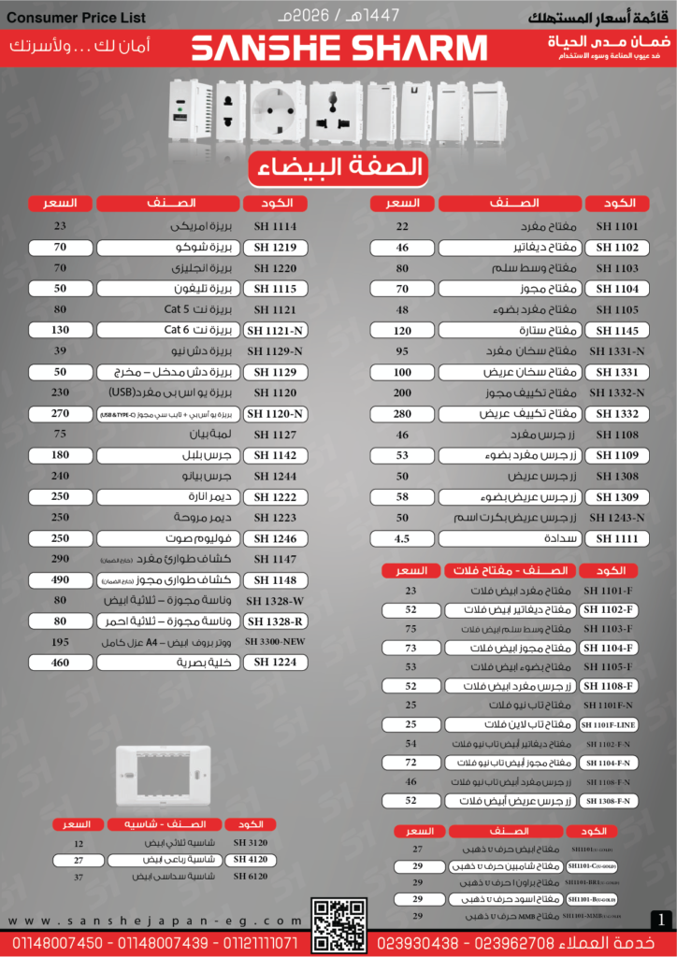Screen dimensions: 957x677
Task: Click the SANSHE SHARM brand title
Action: [x=338, y=49]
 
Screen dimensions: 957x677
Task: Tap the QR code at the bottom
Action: [x=338, y=924]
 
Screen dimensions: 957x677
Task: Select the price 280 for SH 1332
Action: [x=402, y=413]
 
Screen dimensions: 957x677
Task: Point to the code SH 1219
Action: [x=275, y=248]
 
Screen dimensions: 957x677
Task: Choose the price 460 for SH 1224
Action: [x=60, y=663]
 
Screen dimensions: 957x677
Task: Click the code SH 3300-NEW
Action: [x=275, y=642]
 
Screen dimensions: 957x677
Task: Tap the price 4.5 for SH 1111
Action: [x=402, y=538]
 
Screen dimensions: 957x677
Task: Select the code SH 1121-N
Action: [x=275, y=330]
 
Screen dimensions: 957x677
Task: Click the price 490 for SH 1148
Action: [x=60, y=579]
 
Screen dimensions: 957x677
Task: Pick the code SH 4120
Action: [x=250, y=859]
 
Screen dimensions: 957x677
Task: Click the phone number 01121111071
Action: [x=257, y=944]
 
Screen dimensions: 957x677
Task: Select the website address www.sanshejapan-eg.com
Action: [x=155, y=921]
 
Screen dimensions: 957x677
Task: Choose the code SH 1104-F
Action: [x=610, y=648]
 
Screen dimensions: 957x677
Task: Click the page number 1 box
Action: [x=662, y=921]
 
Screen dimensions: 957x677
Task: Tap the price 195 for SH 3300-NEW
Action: [x=60, y=642]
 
